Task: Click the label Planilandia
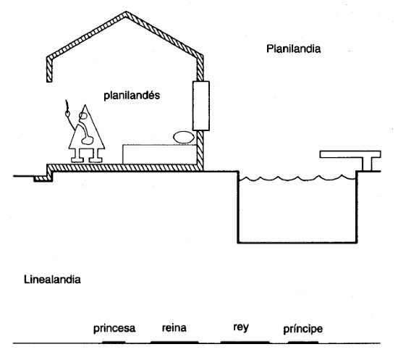click(x=293, y=49)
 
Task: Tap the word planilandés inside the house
click(x=132, y=96)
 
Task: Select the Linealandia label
click(x=52, y=280)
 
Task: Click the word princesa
click(x=114, y=328)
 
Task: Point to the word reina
click(x=174, y=327)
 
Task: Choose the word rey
click(x=241, y=327)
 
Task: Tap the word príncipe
click(x=302, y=329)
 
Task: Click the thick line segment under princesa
click(x=114, y=342)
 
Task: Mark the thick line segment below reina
click(x=174, y=342)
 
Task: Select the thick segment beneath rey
click(x=245, y=342)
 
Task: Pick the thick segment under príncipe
click(x=303, y=342)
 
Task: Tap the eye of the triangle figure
click(x=82, y=116)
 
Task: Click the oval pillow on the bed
click(x=184, y=137)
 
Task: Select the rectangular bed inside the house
click(x=160, y=154)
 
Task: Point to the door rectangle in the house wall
click(x=201, y=106)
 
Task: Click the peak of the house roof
click(x=126, y=12)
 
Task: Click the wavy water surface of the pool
click(x=297, y=177)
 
